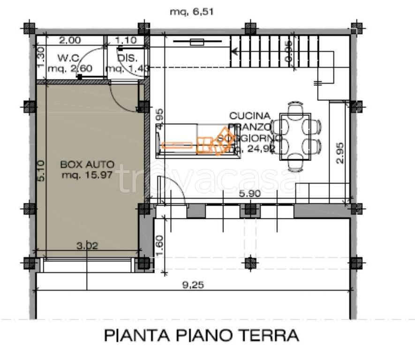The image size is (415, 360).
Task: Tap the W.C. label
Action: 69,58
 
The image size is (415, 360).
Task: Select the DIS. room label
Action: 127,58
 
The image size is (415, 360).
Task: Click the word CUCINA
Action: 250,116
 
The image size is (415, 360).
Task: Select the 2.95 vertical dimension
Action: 341,153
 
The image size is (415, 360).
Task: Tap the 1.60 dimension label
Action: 159,244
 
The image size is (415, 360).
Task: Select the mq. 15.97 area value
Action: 88,175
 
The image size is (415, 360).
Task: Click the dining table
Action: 295,136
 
